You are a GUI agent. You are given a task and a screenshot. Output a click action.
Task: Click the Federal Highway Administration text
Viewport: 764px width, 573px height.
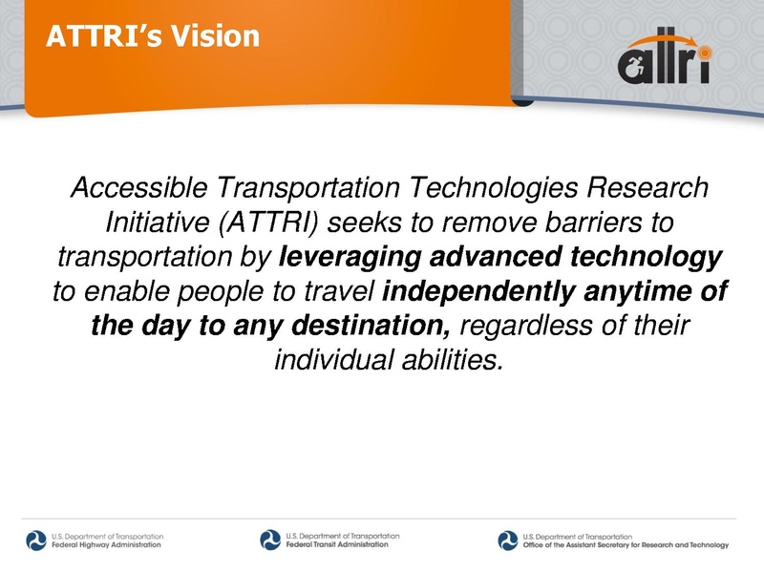[x=106, y=545]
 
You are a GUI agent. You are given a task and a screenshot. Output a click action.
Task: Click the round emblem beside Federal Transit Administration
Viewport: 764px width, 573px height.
[x=270, y=541]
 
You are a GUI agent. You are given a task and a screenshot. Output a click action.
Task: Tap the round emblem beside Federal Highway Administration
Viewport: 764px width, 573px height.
[x=36, y=541]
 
